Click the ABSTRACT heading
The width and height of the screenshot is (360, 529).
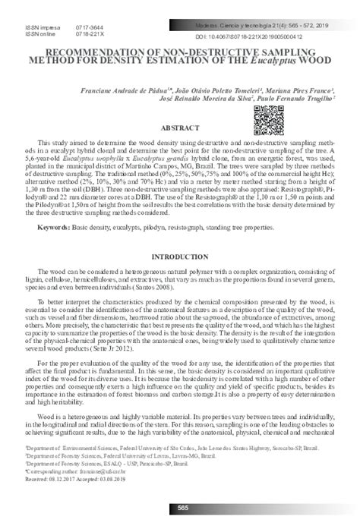click(180, 129)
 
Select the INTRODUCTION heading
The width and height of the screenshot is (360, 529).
click(180, 257)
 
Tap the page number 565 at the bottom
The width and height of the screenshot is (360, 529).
click(181, 507)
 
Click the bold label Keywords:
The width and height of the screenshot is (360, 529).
click(54, 227)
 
